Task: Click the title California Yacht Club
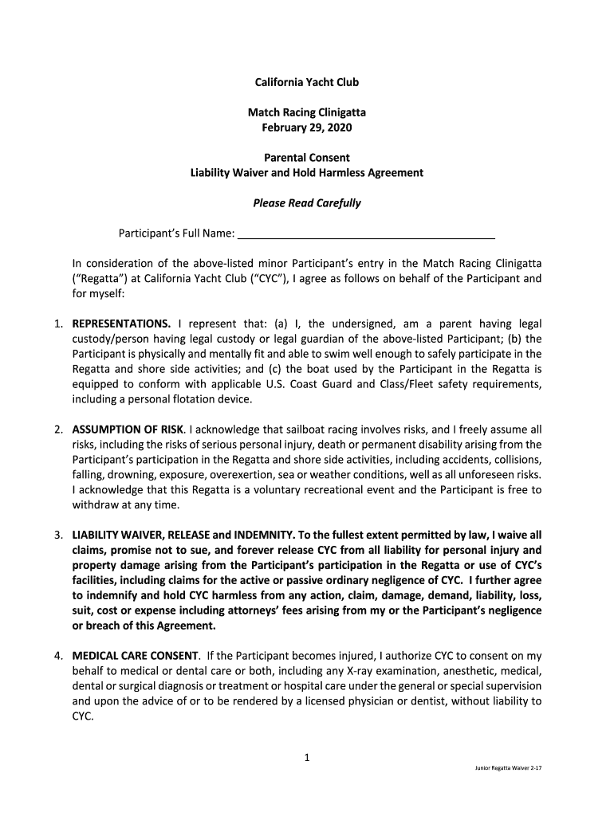[306, 82]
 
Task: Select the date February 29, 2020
[306, 127]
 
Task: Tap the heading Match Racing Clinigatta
[306, 112]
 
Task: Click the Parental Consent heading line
[306, 158]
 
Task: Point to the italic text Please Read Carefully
[306, 203]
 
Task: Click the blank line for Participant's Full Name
[367, 234]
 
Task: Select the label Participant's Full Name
[176, 233]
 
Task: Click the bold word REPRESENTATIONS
[121, 324]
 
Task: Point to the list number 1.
[59, 324]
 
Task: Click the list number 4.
[59, 656]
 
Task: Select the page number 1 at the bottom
[306, 758]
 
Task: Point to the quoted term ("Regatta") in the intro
[99, 279]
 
